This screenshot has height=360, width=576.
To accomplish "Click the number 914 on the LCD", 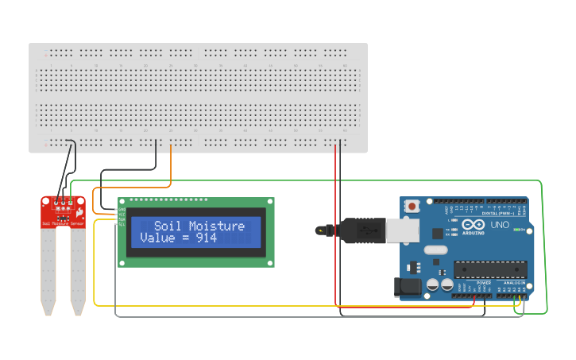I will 207,238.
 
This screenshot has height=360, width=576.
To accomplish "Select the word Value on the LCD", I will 157,238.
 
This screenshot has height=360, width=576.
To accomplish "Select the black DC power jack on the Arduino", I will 408,287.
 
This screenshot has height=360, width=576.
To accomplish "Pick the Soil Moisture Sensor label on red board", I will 63,225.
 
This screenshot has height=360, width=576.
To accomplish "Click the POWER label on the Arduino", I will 483,282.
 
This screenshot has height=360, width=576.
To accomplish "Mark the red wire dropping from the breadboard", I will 335,223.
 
